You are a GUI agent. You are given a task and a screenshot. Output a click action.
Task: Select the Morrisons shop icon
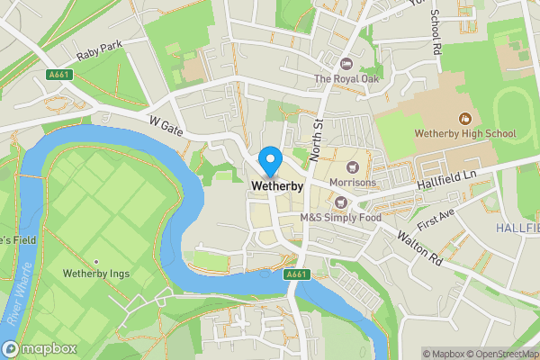click(x=353, y=166)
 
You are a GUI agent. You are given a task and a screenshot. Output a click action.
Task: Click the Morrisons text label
click(x=353, y=183)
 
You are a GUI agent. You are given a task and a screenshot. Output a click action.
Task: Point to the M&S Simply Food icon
click(x=341, y=201)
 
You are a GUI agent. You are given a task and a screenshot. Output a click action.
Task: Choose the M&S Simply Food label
click(x=341, y=217)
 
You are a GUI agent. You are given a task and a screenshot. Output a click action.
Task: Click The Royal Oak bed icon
click(x=347, y=63)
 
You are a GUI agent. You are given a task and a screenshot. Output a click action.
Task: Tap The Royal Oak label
click(x=347, y=79)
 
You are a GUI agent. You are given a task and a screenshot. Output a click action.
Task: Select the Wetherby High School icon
click(x=465, y=118)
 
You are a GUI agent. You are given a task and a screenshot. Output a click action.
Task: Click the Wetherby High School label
click(x=465, y=134)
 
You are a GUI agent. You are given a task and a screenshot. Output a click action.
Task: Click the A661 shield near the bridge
click(x=294, y=274)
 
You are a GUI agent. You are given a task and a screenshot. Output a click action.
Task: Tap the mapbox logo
click(x=39, y=348)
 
